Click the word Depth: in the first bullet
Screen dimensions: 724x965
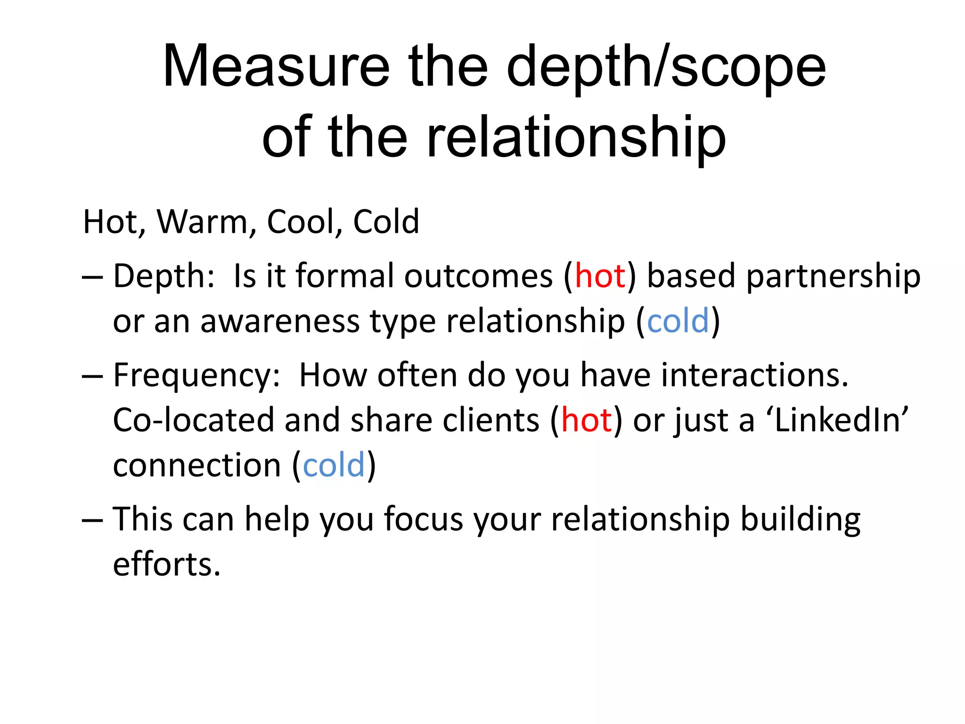[x=164, y=276]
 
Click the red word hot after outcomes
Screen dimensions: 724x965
[x=600, y=276]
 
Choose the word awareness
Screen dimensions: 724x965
[x=280, y=321]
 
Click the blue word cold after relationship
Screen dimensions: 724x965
[x=678, y=321]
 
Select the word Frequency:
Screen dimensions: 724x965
[x=197, y=376]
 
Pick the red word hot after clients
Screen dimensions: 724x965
[x=586, y=420]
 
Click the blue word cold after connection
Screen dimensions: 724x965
[x=334, y=465]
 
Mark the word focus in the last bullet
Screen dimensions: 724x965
[x=423, y=519]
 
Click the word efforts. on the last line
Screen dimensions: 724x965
[x=167, y=564]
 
